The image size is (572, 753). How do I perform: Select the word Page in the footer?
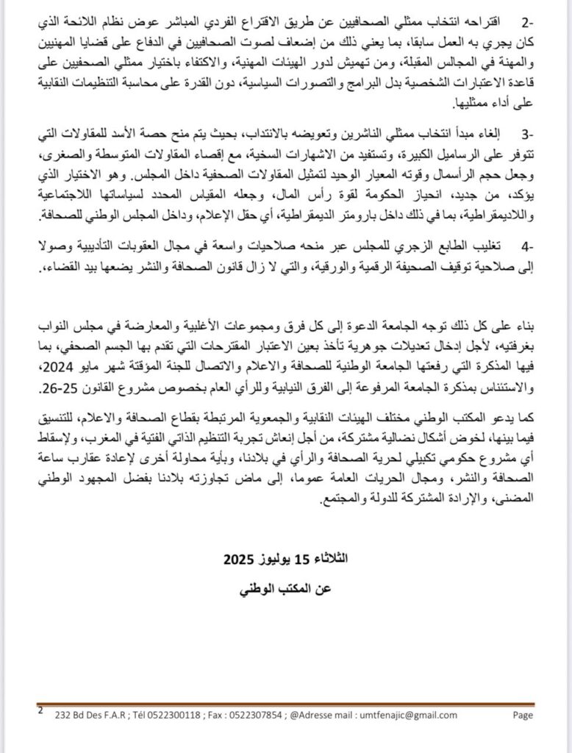(x=523, y=714)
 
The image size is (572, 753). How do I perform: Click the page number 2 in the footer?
(x=40, y=711)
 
